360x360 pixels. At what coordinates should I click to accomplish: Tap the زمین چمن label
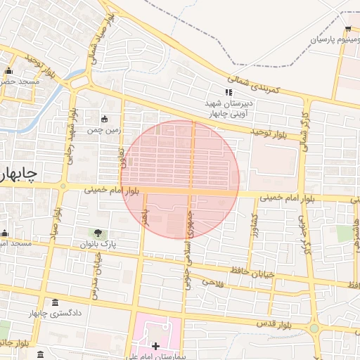click(105, 130)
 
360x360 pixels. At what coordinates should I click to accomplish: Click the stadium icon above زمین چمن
click(105, 119)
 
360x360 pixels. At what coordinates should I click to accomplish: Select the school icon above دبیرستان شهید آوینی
click(228, 92)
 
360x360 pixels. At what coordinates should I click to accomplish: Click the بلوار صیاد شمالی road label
click(93, 43)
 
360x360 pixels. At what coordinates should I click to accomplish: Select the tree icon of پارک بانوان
click(98, 233)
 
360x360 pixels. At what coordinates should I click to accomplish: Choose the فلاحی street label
click(212, 283)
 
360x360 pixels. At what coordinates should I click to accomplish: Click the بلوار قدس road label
click(285, 325)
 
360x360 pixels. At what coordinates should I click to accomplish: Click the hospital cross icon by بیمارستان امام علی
click(156, 346)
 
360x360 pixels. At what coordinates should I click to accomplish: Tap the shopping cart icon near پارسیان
click(348, 29)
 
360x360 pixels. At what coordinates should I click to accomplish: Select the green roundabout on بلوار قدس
click(314, 328)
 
